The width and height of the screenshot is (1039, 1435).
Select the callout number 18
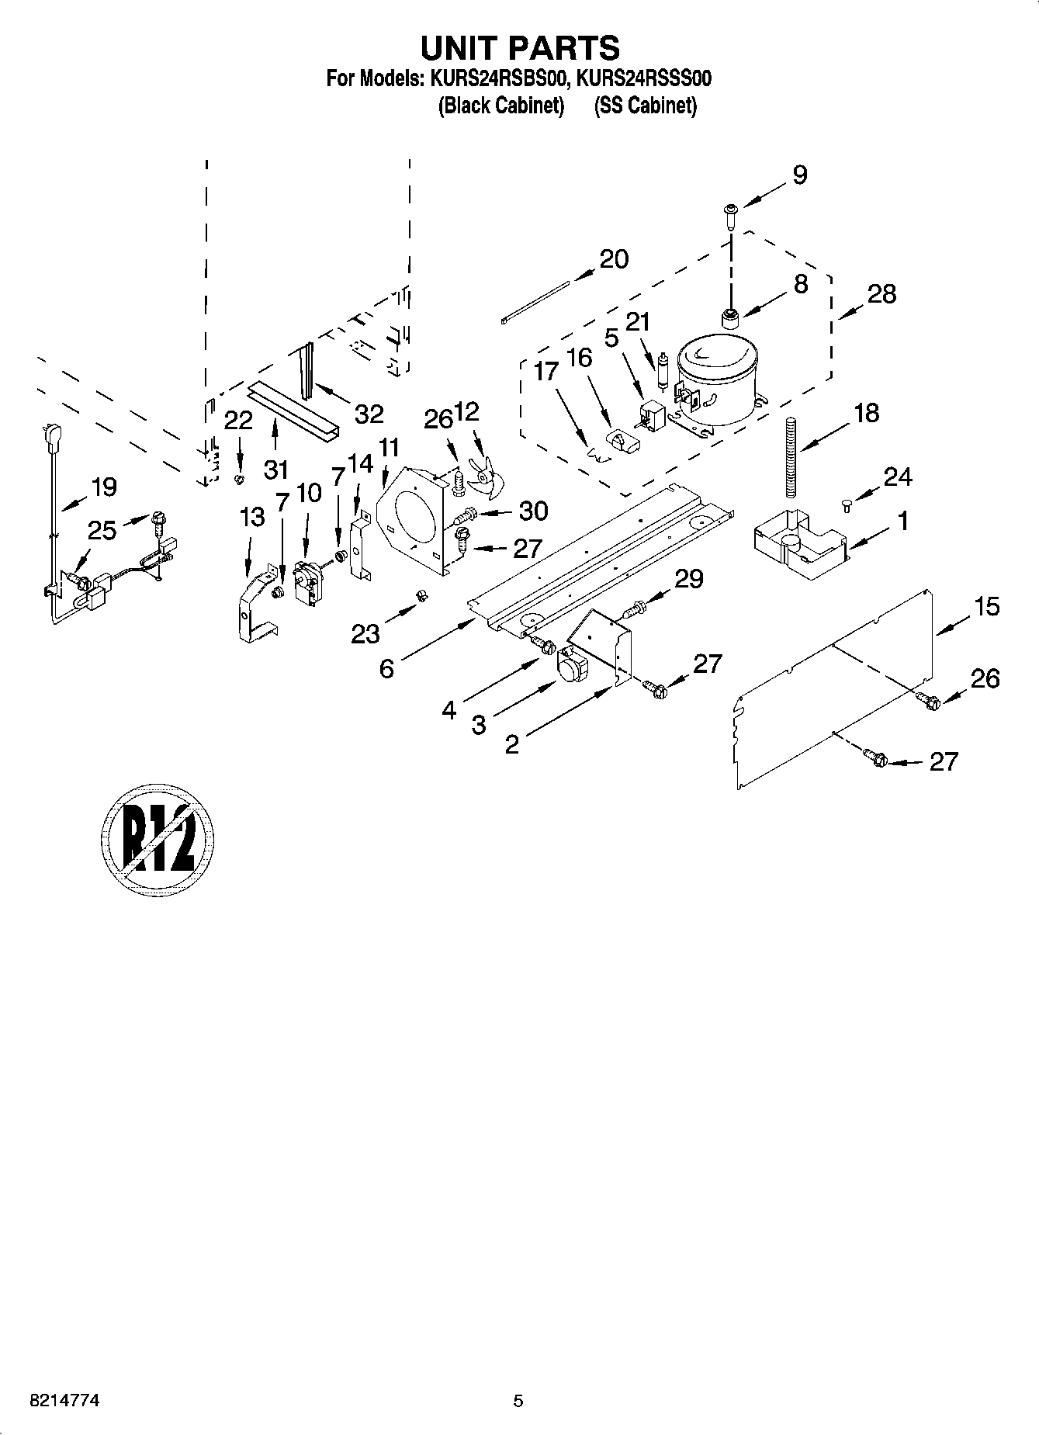tap(866, 413)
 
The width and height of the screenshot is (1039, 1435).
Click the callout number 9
tap(800, 175)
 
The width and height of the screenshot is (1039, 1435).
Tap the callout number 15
tap(986, 606)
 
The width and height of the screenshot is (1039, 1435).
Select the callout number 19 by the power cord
tap(103, 487)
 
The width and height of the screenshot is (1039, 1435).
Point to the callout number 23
tap(365, 634)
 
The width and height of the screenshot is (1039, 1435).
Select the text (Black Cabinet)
tap(500, 106)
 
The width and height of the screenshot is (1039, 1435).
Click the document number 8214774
tap(64, 1401)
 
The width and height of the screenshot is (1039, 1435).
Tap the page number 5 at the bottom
tap(518, 1401)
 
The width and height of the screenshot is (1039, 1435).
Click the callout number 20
tap(614, 259)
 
